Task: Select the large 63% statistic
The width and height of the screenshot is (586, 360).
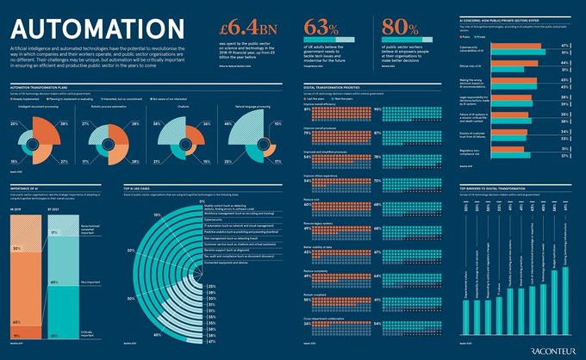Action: pos(318,27)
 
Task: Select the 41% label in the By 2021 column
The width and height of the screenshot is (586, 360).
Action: pos(54,333)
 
